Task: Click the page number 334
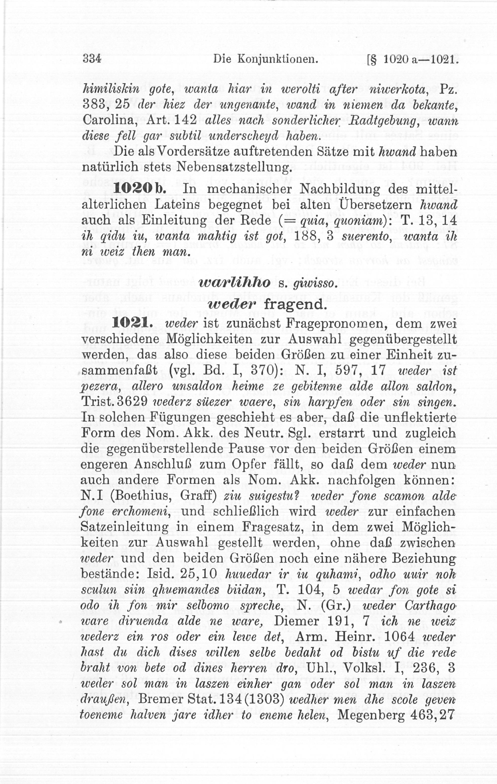(92, 59)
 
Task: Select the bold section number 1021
(132, 324)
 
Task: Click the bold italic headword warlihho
(234, 283)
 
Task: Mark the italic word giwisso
(314, 284)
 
